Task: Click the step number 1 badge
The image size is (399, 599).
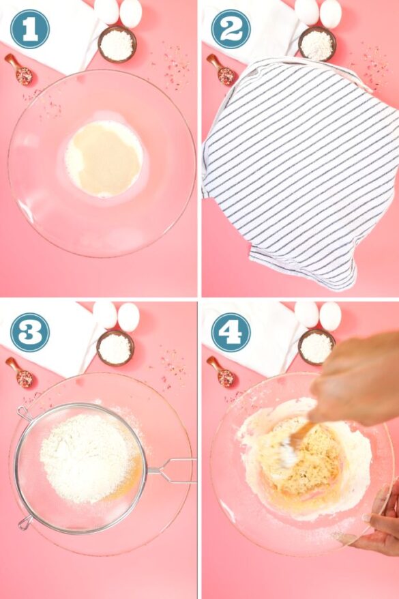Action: (30, 29)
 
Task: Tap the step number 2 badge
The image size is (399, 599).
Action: (231, 29)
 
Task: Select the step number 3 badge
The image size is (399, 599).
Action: (30, 332)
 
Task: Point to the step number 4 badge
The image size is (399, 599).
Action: (231, 332)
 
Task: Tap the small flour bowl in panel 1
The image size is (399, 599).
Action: (117, 44)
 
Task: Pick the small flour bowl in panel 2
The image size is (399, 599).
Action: (317, 43)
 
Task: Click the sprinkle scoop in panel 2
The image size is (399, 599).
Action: (221, 70)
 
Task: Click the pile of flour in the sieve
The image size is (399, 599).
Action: (87, 458)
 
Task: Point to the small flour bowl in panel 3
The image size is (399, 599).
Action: (115, 348)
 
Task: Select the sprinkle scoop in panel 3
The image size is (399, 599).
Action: (20, 373)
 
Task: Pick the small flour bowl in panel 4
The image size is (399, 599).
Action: (316, 347)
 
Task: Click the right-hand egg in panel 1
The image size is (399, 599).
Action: (131, 14)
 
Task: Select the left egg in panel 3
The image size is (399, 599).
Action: (104, 315)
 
